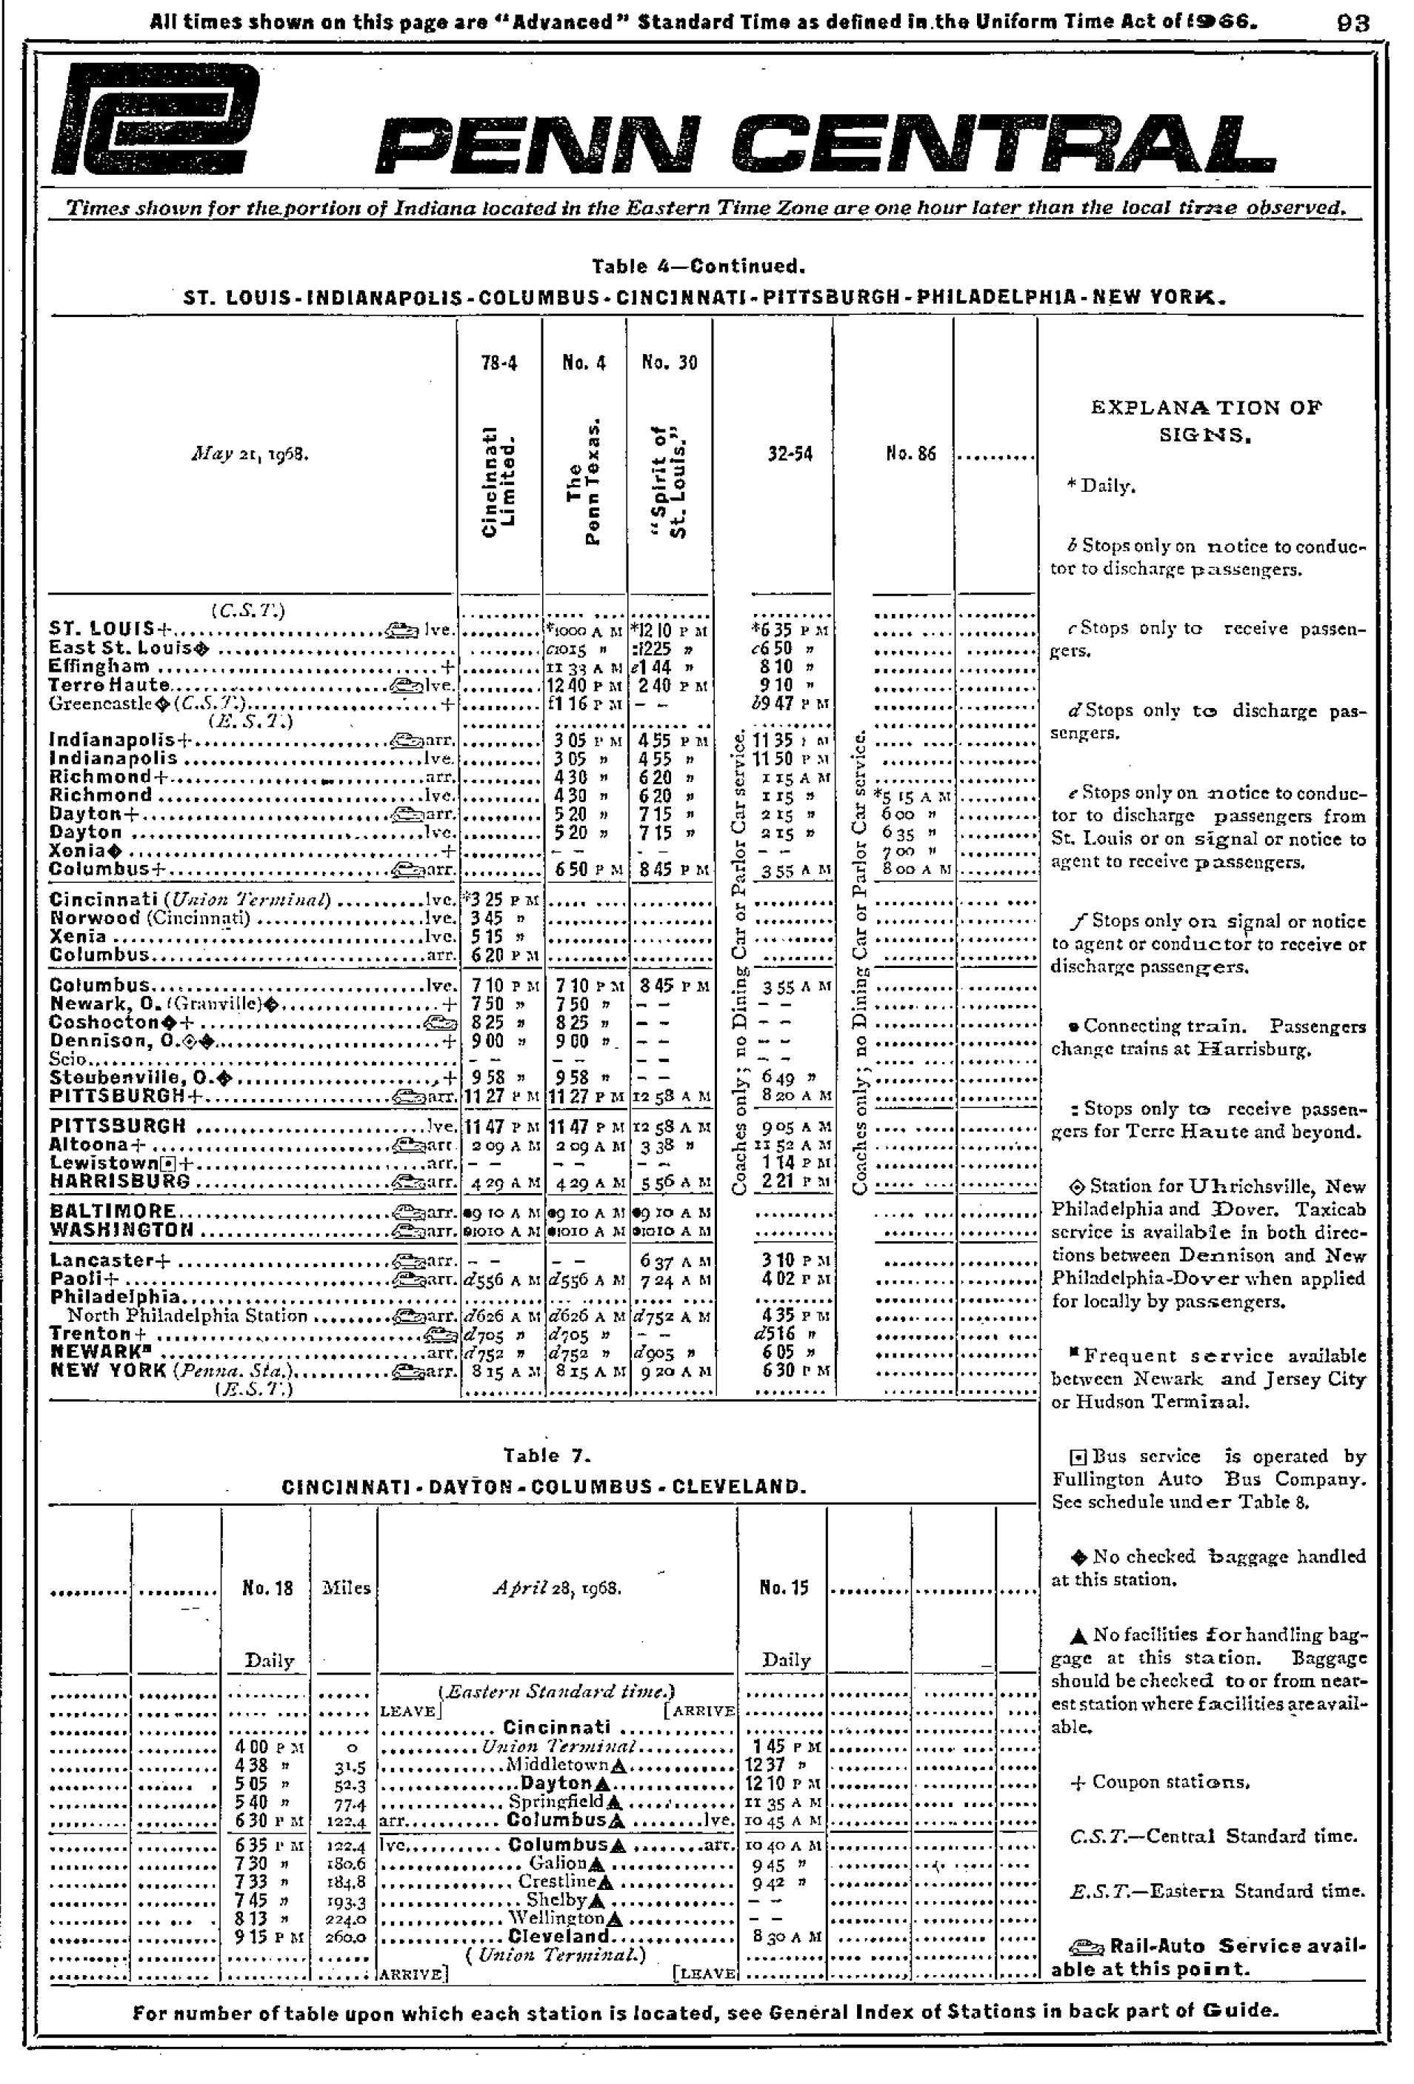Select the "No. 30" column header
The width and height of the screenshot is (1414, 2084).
point(669,362)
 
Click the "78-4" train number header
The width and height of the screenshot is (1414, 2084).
point(498,362)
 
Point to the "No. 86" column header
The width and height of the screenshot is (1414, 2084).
point(910,454)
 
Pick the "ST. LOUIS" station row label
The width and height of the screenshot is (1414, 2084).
point(102,629)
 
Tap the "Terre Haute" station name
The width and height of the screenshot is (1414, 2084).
point(108,685)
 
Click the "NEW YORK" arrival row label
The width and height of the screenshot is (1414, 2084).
point(107,1370)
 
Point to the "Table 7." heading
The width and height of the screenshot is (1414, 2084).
point(547,1455)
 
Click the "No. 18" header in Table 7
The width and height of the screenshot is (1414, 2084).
point(267,1588)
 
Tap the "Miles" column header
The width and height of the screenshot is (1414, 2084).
point(346,1588)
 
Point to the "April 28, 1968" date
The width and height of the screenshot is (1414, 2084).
point(557,1588)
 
